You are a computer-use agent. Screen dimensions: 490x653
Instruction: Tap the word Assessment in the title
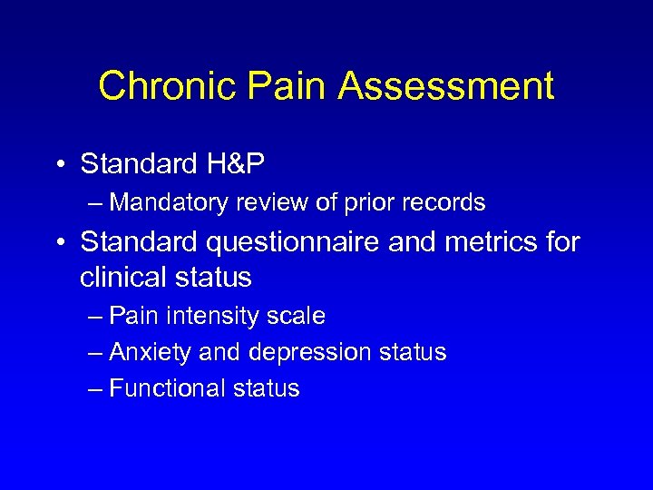point(445,87)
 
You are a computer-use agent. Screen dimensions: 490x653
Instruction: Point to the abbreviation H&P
point(237,164)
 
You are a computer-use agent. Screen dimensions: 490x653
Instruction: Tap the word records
point(444,202)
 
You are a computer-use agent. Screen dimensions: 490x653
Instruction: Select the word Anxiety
point(147,352)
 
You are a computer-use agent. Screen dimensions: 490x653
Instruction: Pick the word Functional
point(167,388)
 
